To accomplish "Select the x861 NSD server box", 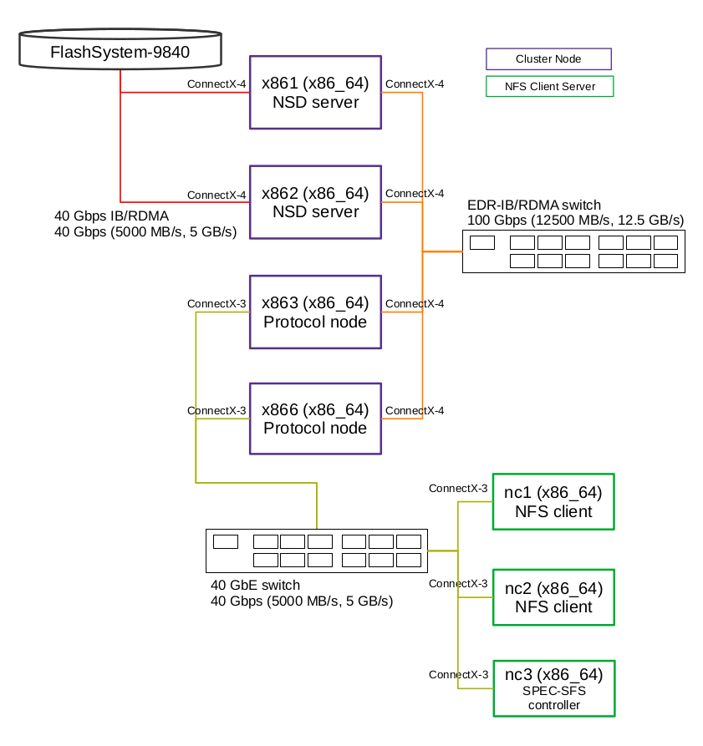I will [x=315, y=93].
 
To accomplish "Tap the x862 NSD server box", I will [x=315, y=202].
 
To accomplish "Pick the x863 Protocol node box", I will [x=315, y=312].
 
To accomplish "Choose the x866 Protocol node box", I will [x=315, y=419].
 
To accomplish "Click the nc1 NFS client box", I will [x=553, y=502].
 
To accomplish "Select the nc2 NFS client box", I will [x=553, y=597].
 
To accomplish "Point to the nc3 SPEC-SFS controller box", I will [x=553, y=688].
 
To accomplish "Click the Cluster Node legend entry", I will [x=548, y=59].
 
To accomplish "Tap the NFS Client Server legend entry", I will [x=550, y=87].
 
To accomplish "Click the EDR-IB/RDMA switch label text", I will [x=534, y=206].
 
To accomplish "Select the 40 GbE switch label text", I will [x=255, y=585].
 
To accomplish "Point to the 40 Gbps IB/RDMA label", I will [x=111, y=216].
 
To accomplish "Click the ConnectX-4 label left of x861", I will [x=217, y=84].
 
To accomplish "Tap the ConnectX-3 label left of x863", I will [x=217, y=303].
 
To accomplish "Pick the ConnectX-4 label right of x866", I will [x=415, y=411].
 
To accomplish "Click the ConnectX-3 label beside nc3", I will [x=458, y=674].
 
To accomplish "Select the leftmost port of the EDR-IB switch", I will [x=482, y=243].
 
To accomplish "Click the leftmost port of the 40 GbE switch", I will [x=226, y=541].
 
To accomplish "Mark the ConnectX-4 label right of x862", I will [x=415, y=194].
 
